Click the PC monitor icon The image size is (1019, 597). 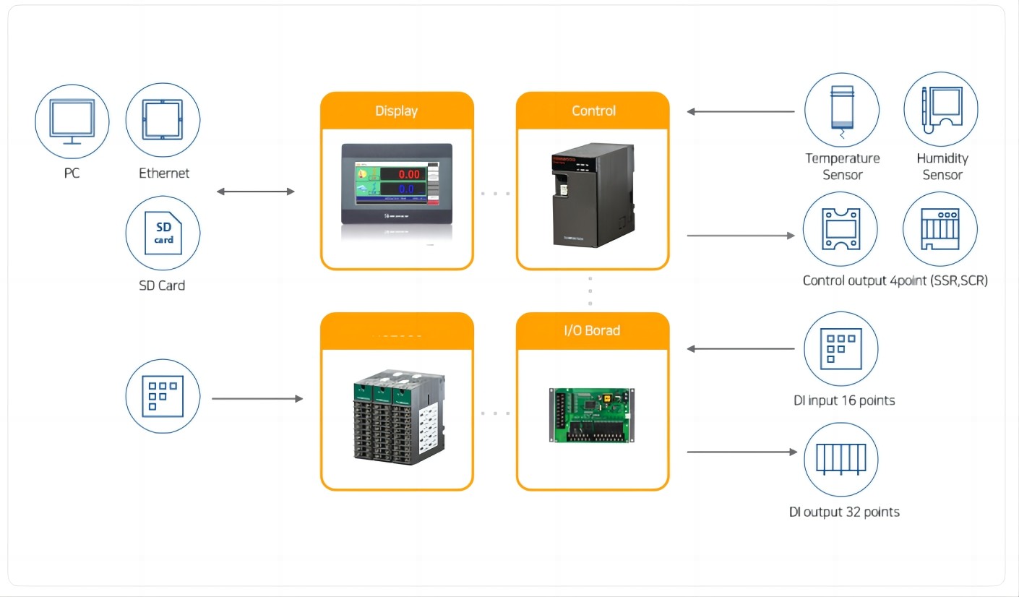tap(72, 120)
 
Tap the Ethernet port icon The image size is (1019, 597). tap(163, 120)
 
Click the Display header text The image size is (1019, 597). tap(396, 111)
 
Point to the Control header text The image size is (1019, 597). tap(593, 111)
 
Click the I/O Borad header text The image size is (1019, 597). tap(592, 330)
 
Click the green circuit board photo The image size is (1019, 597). tap(592, 415)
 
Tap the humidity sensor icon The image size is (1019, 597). tap(941, 110)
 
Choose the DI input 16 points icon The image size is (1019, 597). tap(841, 348)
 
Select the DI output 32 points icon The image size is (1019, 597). tap(841, 459)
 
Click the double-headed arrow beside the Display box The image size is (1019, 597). tap(256, 192)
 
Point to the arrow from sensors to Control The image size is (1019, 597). tap(740, 112)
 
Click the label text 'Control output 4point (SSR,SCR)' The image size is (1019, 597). tap(895, 280)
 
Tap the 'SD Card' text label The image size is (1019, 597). tap(162, 285)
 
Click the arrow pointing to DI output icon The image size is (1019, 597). tap(741, 452)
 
